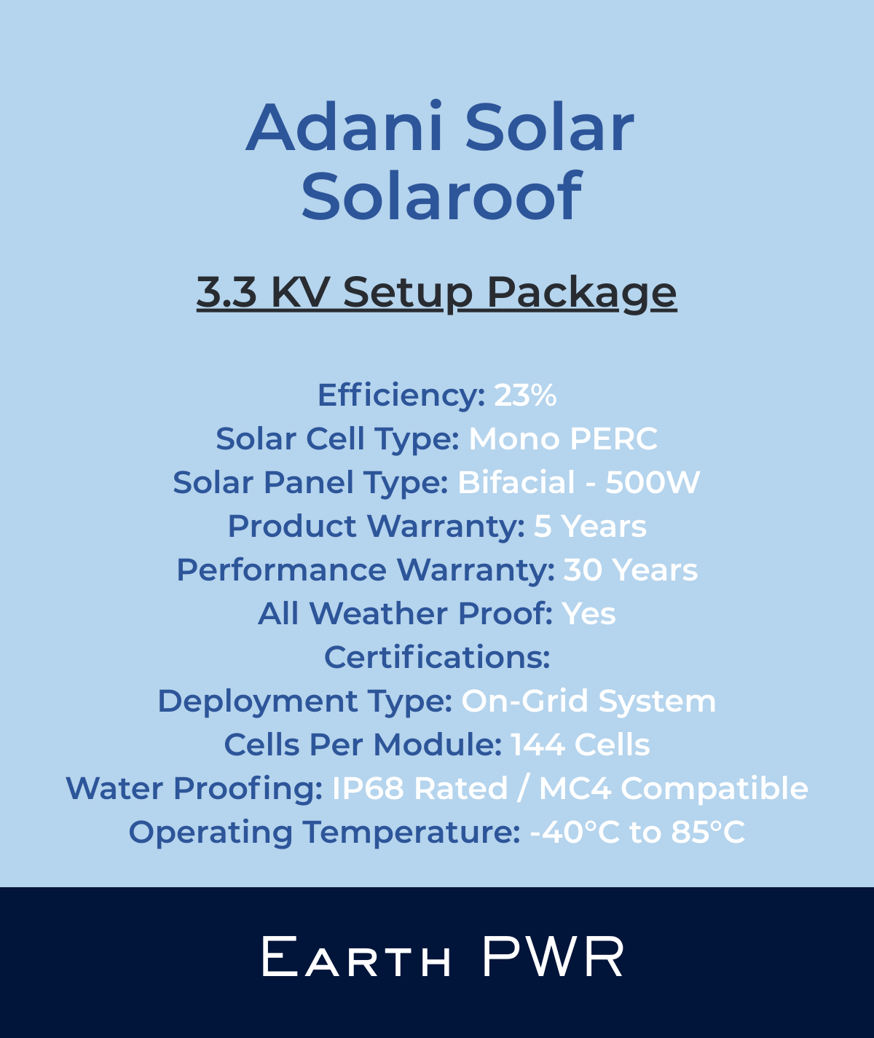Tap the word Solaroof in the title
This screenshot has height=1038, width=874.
[441, 195]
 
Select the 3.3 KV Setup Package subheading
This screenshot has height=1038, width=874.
[437, 292]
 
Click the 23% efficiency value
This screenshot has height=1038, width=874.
[525, 396]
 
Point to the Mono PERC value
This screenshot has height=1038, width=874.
[563, 439]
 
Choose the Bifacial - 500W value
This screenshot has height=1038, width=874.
[578, 483]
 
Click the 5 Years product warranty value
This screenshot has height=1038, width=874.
[590, 527]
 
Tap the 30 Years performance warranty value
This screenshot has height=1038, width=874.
[631, 570]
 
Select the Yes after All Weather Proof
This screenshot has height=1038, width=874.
[588, 614]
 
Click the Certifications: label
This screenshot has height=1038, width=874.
[437, 658]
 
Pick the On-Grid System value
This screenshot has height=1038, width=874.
[588, 701]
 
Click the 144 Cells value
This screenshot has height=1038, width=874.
[580, 745]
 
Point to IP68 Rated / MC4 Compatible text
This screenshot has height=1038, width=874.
[570, 789]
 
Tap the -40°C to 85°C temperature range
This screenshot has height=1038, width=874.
[637, 833]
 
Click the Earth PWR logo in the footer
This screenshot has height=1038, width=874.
[443, 957]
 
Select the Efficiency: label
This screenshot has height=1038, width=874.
[401, 396]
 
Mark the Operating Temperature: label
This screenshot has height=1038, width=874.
[324, 833]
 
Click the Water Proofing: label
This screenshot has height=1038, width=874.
[194, 789]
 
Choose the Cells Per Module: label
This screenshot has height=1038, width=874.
[363, 745]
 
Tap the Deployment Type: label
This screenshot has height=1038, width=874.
[305, 701]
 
